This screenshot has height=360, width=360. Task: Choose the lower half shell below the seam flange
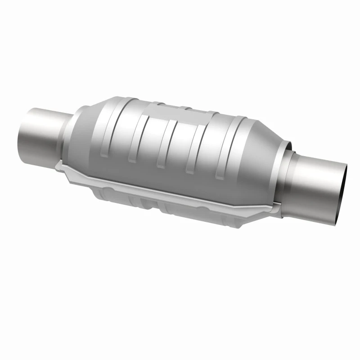pyautogui.click(x=180, y=207)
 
